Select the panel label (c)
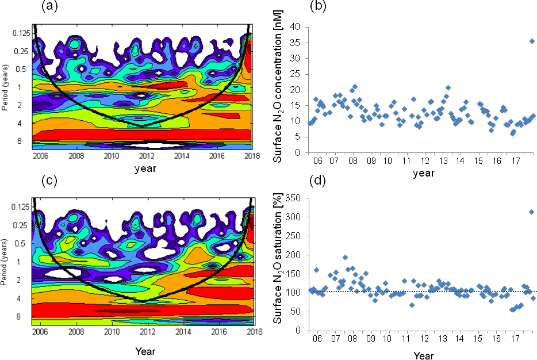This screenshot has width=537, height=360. click(x=49, y=181)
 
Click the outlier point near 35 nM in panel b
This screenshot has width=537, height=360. click(x=532, y=41)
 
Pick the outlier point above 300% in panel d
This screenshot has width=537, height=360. click(x=531, y=212)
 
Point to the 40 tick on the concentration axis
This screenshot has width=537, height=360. click(x=294, y=27)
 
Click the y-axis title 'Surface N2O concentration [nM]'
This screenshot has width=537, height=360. click(x=278, y=90)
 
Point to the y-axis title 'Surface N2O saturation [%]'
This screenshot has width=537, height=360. click(x=278, y=263)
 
